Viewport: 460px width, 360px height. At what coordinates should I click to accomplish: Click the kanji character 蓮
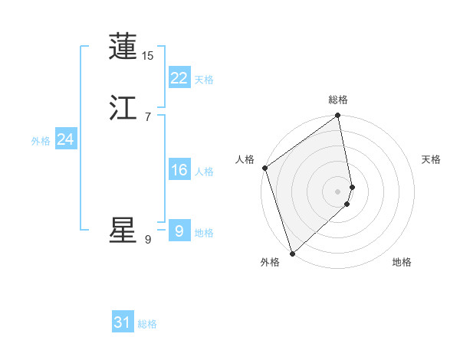[123, 47]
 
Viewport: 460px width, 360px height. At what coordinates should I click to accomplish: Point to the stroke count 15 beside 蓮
[148, 56]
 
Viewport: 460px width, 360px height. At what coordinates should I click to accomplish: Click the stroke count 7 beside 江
[148, 117]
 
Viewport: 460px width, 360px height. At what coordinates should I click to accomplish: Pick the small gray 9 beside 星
[148, 240]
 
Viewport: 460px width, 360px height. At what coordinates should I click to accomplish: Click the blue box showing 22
[179, 78]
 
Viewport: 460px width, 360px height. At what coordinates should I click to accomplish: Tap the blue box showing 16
[179, 170]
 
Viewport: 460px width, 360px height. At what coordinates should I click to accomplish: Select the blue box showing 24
[66, 139]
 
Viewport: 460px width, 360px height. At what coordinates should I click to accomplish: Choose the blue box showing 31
[123, 322]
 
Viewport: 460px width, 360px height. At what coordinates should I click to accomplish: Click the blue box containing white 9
[179, 231]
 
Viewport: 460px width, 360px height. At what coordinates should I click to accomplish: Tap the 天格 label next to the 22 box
[204, 80]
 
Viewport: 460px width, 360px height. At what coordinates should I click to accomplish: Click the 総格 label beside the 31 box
[147, 324]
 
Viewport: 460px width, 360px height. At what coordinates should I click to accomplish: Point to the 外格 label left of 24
[41, 141]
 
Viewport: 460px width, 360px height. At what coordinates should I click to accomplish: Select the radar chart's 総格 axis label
[338, 100]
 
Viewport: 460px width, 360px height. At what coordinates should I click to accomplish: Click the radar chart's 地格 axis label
[402, 262]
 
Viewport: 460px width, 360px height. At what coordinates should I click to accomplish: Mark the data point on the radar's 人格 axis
[264, 168]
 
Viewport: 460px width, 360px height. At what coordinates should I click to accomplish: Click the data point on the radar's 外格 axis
[292, 253]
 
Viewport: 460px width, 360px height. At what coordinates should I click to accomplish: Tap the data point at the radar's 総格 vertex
[338, 116]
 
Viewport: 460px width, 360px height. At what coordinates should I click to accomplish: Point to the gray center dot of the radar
[338, 191]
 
